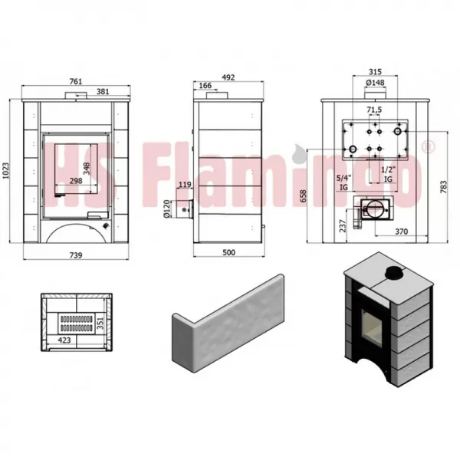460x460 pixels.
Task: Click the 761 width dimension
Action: tap(76, 81)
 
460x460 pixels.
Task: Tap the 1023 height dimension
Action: tap(5, 170)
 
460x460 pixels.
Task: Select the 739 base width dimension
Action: tap(76, 255)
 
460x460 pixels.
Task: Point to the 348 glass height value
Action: tap(87, 169)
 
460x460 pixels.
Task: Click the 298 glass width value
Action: tap(76, 181)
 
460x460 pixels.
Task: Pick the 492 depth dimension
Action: tap(228, 77)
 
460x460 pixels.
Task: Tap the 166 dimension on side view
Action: tap(205, 85)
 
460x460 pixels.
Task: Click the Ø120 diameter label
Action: tap(166, 209)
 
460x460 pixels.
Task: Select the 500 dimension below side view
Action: tap(228, 252)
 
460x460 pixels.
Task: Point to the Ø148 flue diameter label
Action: tap(375, 83)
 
